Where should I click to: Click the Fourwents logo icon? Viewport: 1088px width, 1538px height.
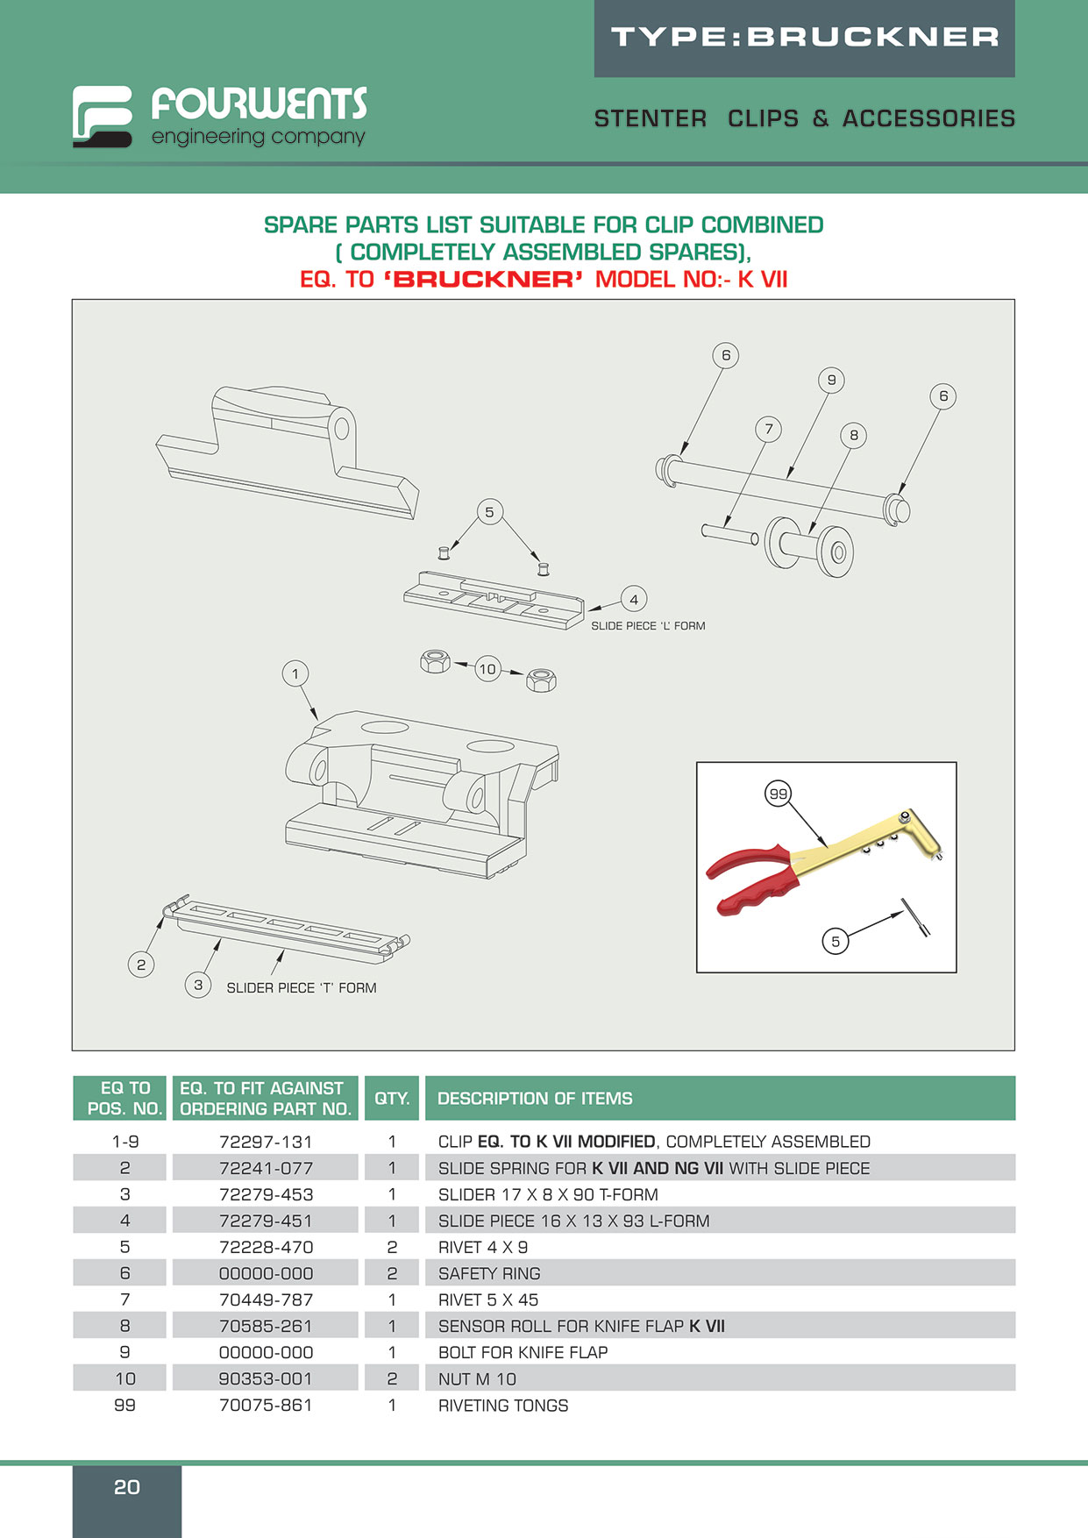pyautogui.click(x=103, y=116)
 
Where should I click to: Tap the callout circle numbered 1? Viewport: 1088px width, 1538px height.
pyautogui.click(x=295, y=673)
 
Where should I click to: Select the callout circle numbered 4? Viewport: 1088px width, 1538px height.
pyautogui.click(x=634, y=600)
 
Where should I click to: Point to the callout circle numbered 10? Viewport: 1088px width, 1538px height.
pyautogui.click(x=487, y=669)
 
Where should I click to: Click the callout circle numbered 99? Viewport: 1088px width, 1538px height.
pyautogui.click(x=779, y=794)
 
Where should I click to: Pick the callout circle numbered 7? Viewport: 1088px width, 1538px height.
pyautogui.click(x=769, y=429)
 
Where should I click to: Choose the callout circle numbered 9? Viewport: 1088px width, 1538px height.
pyautogui.click(x=831, y=380)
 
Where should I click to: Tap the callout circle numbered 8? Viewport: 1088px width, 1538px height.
pyautogui.click(x=854, y=435)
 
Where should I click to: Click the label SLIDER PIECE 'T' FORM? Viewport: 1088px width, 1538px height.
pyautogui.click(x=301, y=987)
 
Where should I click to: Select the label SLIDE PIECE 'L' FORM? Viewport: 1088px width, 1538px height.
pyautogui.click(x=648, y=626)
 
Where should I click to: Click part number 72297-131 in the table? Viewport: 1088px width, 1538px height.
pyautogui.click(x=266, y=1142)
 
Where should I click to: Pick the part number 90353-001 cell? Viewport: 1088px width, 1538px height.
pyautogui.click(x=266, y=1378)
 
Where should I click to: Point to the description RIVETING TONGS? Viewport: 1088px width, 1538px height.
pyautogui.click(x=503, y=1406)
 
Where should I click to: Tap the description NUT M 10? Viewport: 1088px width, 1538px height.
pyautogui.click(x=477, y=1379)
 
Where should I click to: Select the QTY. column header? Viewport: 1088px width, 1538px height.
pyautogui.click(x=392, y=1098)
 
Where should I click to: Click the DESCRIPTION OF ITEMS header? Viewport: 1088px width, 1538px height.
pyautogui.click(x=535, y=1098)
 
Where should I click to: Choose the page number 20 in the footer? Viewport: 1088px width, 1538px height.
pyautogui.click(x=127, y=1487)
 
